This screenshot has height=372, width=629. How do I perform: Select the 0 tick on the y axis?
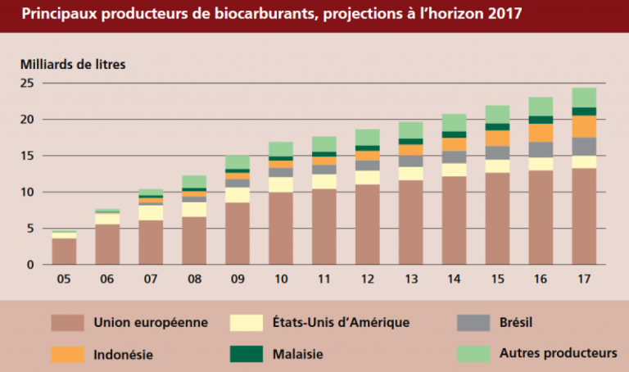[x=30, y=265]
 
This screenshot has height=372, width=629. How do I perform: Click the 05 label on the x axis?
[x=64, y=279]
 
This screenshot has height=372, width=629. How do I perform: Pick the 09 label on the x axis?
[x=238, y=279]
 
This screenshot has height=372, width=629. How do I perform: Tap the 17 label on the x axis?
[x=584, y=279]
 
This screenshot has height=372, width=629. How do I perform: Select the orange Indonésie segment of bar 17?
[x=584, y=126]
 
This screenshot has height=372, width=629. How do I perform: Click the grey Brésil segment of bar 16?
[x=541, y=149]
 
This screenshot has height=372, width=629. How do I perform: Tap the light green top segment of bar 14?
[x=454, y=122]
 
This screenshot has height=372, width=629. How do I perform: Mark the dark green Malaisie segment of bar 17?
[x=584, y=111]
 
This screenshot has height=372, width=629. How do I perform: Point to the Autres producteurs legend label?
[x=559, y=354]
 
